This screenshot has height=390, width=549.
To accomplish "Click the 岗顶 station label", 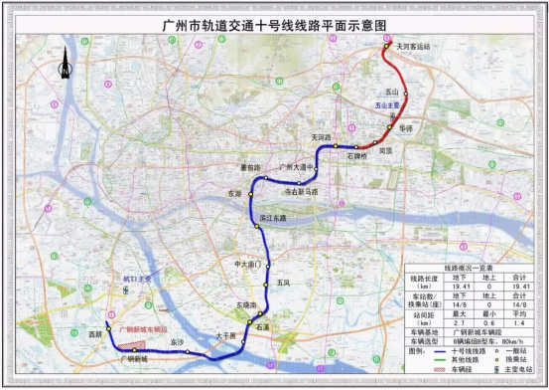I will [387, 151].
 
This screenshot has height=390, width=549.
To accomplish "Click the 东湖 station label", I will [233, 193].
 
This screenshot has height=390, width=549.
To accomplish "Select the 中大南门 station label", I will [246, 265].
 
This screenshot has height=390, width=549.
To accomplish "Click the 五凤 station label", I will [284, 284].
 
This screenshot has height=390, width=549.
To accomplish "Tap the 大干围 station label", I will [226, 336].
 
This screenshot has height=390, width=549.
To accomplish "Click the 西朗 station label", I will [95, 335].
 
